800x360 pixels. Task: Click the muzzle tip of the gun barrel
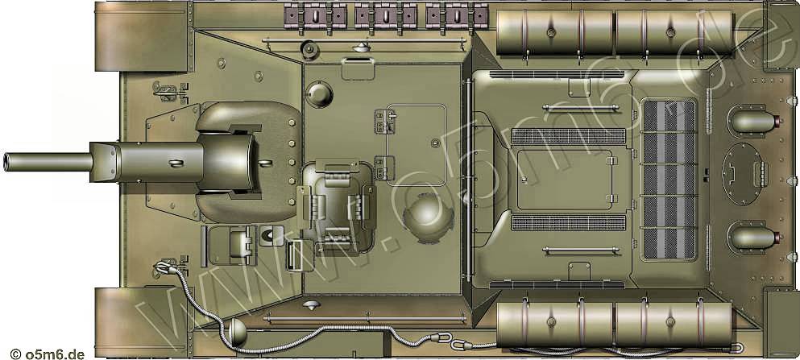pos(5,162)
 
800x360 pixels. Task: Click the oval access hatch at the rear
pos(742,174)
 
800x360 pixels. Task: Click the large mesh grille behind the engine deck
pos(669,180)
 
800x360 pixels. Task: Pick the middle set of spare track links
pos(386,16)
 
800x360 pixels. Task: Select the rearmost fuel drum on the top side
pos(674,32)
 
